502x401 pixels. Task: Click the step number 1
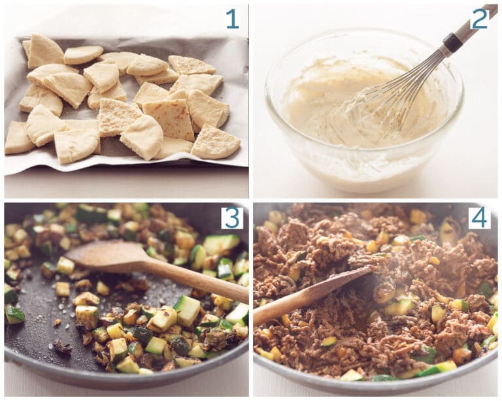(232, 19)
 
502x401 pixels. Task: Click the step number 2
(479, 19)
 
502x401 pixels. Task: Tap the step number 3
(231, 217)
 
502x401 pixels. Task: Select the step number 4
(478, 217)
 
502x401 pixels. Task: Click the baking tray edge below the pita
(131, 184)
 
